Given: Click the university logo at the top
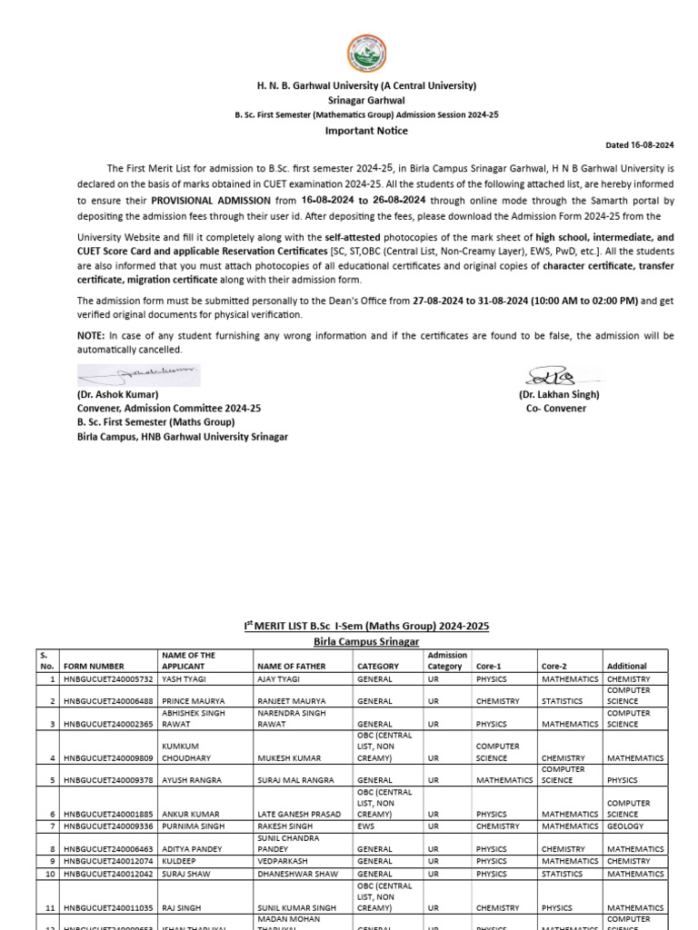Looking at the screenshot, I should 366,55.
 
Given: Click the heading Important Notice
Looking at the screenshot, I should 366,131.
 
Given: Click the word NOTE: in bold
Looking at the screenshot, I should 92,335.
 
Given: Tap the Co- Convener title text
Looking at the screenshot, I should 556,409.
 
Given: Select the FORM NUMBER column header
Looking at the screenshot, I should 95,666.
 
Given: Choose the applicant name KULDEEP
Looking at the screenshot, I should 179,861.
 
